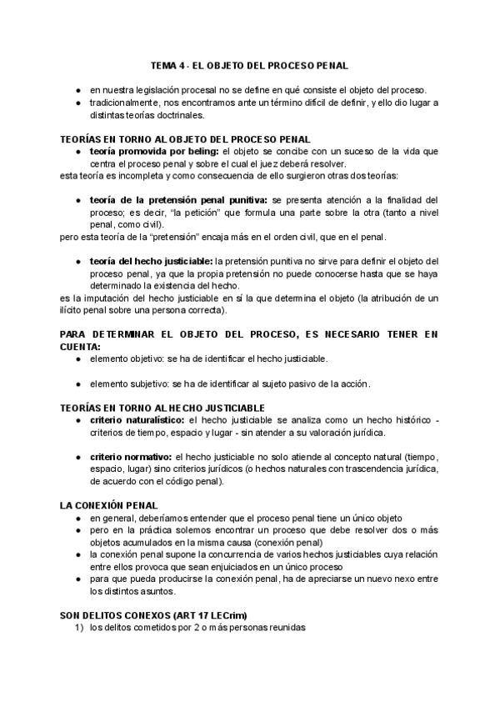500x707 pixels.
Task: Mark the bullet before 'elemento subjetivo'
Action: pyautogui.click(x=77, y=384)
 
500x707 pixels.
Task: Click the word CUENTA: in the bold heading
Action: pyautogui.click(x=80, y=345)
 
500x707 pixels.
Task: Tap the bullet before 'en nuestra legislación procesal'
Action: pyautogui.click(x=77, y=90)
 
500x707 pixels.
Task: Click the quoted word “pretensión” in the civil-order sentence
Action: pyautogui.click(x=184, y=237)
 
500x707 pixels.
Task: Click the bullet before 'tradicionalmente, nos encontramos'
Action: pyautogui.click(x=77, y=103)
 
